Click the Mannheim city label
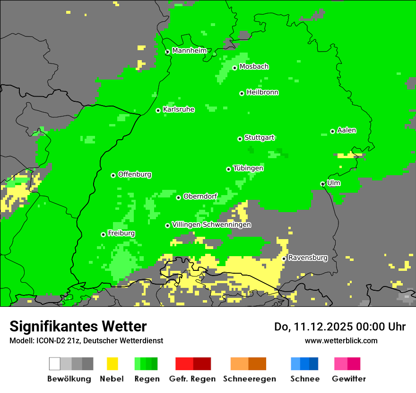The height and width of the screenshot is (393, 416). pyautogui.click(x=189, y=51)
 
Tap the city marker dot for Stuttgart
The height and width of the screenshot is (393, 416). pyautogui.click(x=240, y=139)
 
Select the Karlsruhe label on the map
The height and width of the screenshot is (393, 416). pyautogui.click(x=178, y=109)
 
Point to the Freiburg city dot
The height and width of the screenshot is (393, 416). pyautogui.click(x=103, y=234)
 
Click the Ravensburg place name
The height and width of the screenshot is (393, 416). pyautogui.click(x=308, y=258)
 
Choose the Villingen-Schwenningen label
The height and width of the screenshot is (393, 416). pyautogui.click(x=211, y=225)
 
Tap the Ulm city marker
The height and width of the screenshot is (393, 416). pyautogui.click(x=322, y=184)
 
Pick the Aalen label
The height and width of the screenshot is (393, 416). pyautogui.click(x=347, y=130)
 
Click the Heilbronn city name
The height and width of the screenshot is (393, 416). pyautogui.click(x=262, y=92)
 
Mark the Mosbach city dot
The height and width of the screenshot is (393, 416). pyautogui.click(x=234, y=68)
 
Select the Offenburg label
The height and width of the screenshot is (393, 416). pyautogui.click(x=134, y=174)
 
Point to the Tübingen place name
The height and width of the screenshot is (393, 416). pyautogui.click(x=248, y=168)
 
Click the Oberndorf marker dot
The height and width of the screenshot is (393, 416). pyautogui.click(x=178, y=197)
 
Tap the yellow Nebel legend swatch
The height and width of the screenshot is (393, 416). pyautogui.click(x=112, y=364)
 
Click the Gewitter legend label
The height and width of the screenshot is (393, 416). pyautogui.click(x=348, y=379)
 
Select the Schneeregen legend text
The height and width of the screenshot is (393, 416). pyautogui.click(x=249, y=379)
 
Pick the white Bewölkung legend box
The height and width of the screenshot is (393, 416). pyautogui.click(x=55, y=364)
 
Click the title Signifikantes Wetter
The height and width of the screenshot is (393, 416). pyautogui.click(x=78, y=327)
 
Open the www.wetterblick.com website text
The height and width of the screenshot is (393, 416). pyautogui.click(x=341, y=340)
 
